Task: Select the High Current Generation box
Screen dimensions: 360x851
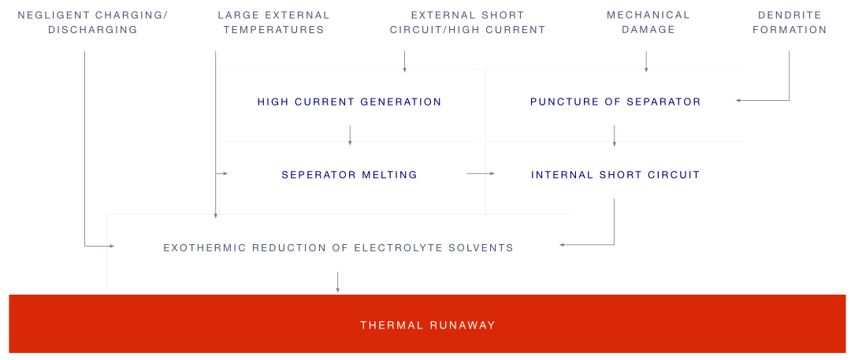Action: pos(349,101)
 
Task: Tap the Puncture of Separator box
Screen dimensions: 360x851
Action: pos(615,101)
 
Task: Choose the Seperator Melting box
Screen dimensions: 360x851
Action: pos(349,174)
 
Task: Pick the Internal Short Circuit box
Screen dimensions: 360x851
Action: pos(615,174)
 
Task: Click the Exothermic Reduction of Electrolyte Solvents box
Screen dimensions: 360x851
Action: pos(338,247)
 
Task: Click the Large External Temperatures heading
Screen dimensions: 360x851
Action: pos(273,23)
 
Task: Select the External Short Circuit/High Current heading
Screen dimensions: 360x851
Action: pos(467,23)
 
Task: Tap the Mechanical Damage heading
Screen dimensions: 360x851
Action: pos(648,23)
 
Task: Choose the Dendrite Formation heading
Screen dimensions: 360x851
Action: pos(793,23)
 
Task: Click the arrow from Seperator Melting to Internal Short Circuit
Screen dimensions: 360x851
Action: pos(482,173)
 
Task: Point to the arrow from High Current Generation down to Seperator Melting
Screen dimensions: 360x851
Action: pos(350,136)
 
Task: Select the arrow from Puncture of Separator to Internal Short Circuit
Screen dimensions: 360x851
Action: pos(615,136)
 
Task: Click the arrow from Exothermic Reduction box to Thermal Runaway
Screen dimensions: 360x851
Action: pos(338,282)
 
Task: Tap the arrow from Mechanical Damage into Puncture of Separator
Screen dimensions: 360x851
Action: pos(646,62)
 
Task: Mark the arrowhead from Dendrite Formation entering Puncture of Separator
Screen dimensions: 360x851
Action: pos(738,100)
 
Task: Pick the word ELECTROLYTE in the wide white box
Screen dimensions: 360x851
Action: pos(388,247)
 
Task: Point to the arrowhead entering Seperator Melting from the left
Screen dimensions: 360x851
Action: pos(225,173)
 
